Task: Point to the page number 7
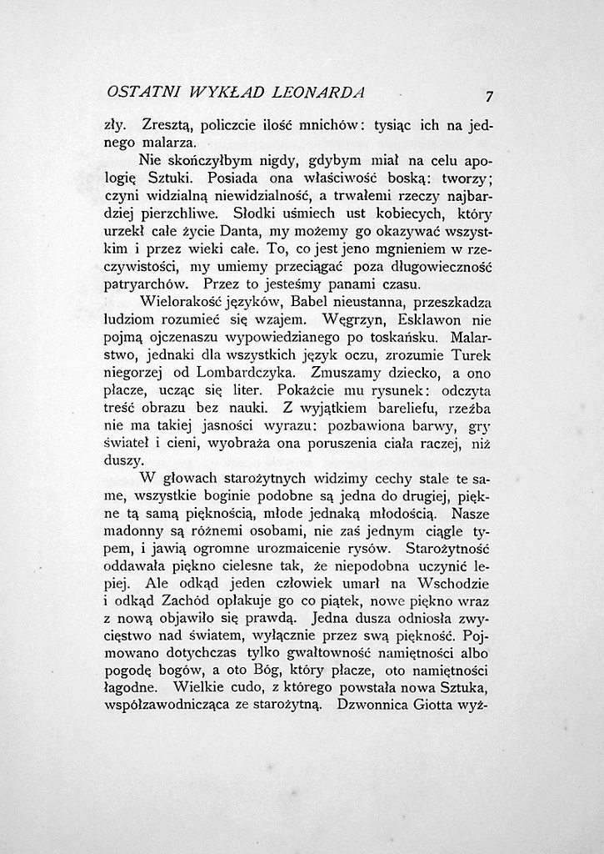490,94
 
